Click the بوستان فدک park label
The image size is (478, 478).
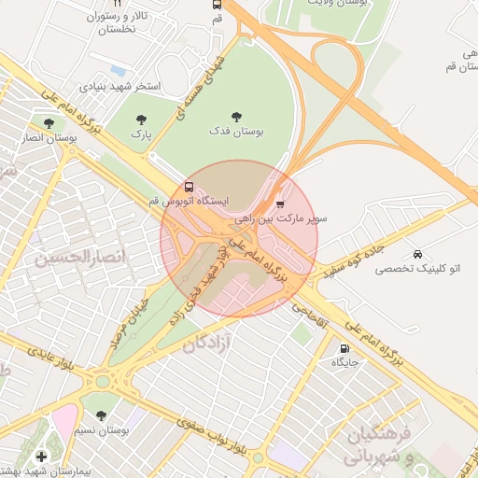[x=235, y=133]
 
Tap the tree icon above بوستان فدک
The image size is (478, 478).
[x=235, y=117]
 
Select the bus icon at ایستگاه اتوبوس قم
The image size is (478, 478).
[x=190, y=186]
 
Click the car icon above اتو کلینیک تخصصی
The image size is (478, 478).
[x=416, y=254]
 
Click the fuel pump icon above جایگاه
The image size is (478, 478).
[x=344, y=348]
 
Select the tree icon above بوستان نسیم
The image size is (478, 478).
[x=101, y=415]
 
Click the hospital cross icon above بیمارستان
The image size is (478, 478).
[x=40, y=456]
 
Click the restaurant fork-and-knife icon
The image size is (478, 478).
[x=118, y=4]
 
